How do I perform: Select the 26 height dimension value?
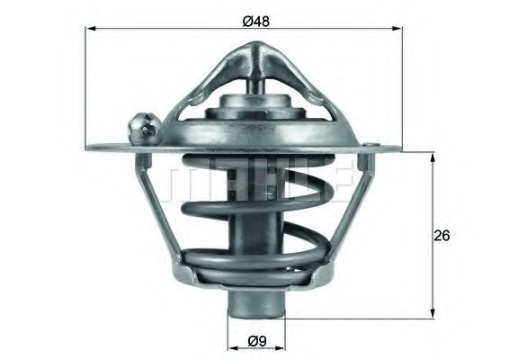pyautogui.click(x=442, y=236)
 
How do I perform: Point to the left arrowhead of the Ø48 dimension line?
pyautogui.click(x=90, y=29)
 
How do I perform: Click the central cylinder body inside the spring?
pyautogui.click(x=255, y=234)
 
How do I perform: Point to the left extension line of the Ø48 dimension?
pyautogui.click(x=86, y=90)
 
